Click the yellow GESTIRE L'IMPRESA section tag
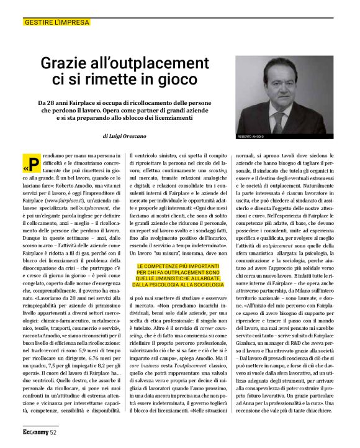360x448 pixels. (x=56, y=22)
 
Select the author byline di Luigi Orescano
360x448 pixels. (x=133, y=134)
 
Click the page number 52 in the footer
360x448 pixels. (x=53, y=431)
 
